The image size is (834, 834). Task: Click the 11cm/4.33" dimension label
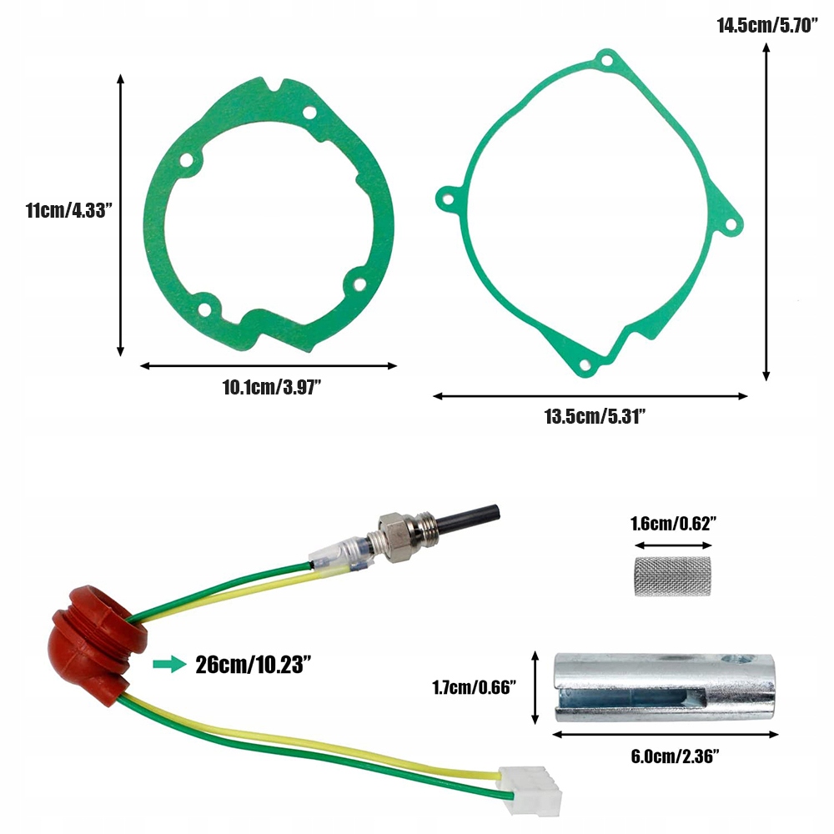coord(69,210)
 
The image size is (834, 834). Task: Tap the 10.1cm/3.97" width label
coord(272,387)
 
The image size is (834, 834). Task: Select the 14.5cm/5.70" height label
coord(767,25)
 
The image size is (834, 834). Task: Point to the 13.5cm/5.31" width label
coord(595,416)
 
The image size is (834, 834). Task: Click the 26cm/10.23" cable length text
coord(254,665)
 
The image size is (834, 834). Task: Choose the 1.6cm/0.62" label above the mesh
coord(673,524)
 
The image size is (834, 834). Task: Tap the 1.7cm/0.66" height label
coord(474,687)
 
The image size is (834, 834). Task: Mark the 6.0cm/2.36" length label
coord(675,756)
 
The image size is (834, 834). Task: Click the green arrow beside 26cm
coord(169,665)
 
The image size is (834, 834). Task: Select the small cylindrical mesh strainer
coord(673,576)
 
